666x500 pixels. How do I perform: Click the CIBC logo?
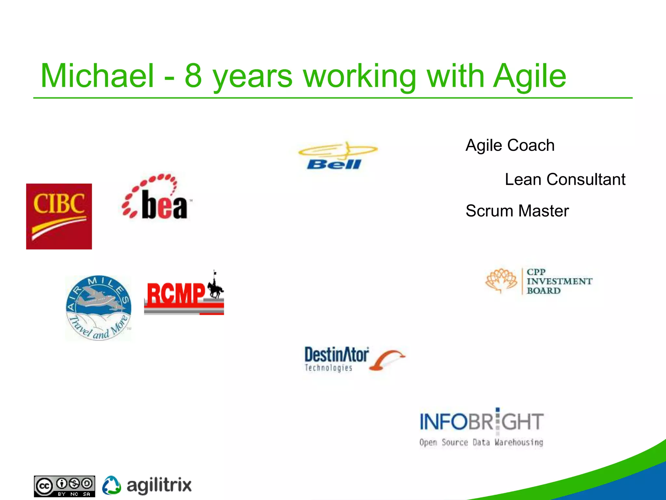[59, 216]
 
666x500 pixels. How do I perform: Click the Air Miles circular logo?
[98, 308]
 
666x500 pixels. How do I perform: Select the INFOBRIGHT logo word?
[481, 422]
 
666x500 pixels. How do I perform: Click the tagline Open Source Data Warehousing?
[481, 442]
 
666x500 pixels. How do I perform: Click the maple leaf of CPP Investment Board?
[501, 281]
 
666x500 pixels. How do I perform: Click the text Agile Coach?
[510, 145]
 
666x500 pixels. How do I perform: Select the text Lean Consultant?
[565, 179]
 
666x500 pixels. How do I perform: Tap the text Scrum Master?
[517, 211]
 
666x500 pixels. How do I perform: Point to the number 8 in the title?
[193, 76]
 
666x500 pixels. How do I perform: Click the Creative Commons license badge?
[64, 486]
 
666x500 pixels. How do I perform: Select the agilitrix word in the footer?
[159, 485]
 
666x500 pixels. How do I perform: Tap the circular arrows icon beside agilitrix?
[111, 485]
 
